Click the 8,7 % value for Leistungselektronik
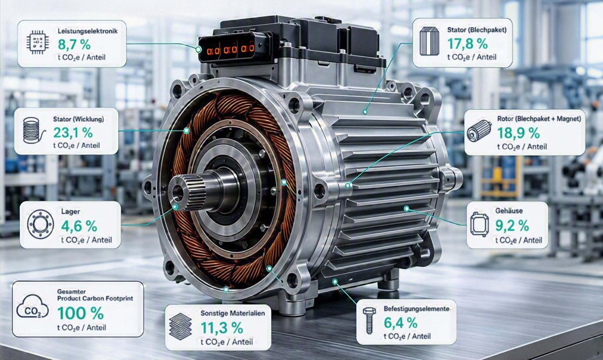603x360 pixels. point(74,45)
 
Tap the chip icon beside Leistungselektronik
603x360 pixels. point(37,42)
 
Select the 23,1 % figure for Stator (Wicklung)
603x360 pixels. point(73,133)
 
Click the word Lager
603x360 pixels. point(71,212)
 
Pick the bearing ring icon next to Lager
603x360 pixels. point(40,224)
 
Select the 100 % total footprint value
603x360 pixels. point(80,314)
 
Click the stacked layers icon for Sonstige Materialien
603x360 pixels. point(180,326)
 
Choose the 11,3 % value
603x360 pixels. point(222,328)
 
